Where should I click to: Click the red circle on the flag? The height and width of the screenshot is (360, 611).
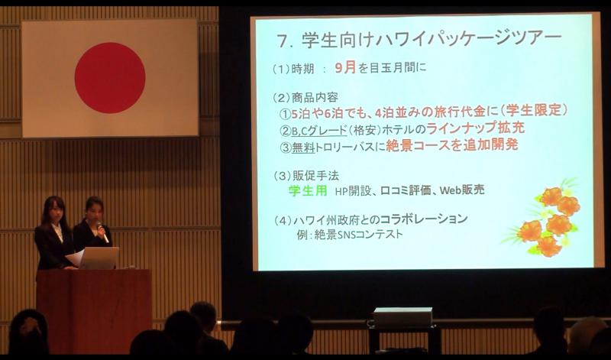(x=110, y=78)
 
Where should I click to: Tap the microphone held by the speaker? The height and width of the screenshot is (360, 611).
(x=102, y=232)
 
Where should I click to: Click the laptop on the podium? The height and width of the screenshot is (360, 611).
(x=99, y=258)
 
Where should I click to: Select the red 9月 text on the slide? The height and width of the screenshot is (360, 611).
(x=346, y=68)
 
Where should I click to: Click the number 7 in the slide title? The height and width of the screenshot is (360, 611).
(x=283, y=41)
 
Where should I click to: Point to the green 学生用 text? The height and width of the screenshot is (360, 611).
(x=308, y=190)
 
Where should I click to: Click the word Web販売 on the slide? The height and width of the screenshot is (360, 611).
(x=462, y=190)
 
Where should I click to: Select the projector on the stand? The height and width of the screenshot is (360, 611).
(x=403, y=317)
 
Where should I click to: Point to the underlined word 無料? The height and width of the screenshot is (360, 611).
(x=303, y=148)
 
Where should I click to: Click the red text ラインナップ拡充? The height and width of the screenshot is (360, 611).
(x=475, y=127)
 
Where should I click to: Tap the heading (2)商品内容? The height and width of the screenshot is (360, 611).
(x=305, y=97)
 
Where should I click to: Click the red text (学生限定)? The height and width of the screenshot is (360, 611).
(x=533, y=110)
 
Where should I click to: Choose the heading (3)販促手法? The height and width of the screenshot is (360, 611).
(x=306, y=176)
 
